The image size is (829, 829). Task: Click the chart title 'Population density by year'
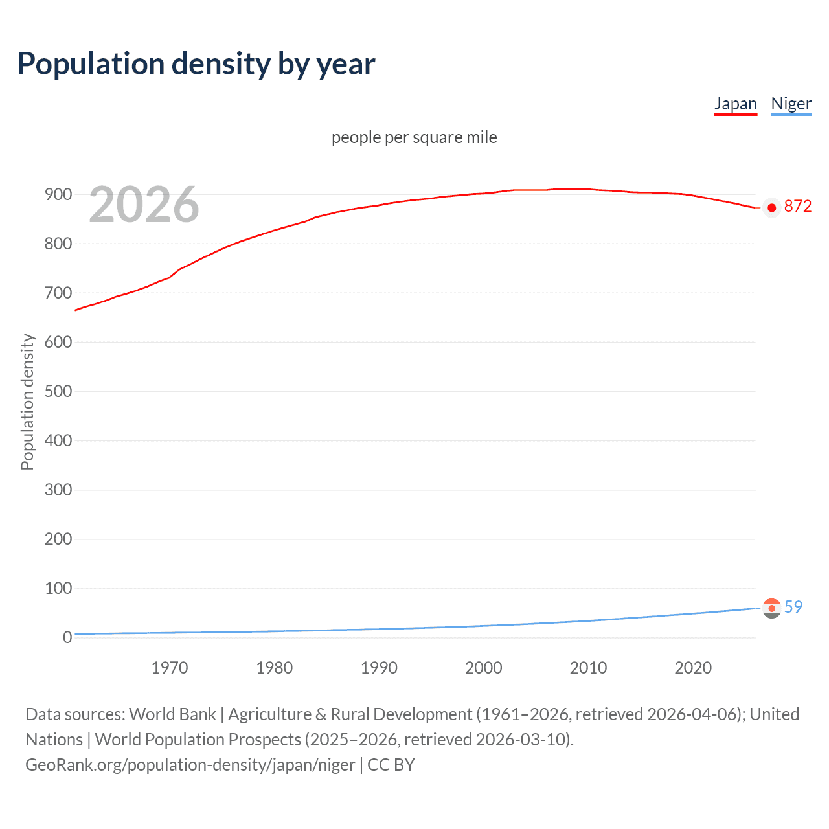(196, 64)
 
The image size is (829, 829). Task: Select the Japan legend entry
(735, 104)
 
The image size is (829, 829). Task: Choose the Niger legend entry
(791, 104)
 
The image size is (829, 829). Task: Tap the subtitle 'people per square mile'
(414, 137)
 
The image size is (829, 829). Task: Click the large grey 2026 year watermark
(144, 205)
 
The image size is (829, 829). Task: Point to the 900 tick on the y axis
(58, 194)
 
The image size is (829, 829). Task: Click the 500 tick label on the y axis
(58, 391)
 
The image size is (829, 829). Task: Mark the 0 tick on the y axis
(67, 637)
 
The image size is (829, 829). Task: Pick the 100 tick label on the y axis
(58, 588)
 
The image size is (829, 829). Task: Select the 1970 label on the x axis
(169, 668)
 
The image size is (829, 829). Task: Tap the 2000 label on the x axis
(483, 668)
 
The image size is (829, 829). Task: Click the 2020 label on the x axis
(693, 668)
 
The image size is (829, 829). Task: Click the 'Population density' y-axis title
(27, 402)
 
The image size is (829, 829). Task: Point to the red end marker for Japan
(771, 208)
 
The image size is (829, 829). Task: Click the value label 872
(797, 206)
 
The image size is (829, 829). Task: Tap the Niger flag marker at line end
(771, 608)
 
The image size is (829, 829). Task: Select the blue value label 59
(793, 607)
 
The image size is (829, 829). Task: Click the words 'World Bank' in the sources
(172, 714)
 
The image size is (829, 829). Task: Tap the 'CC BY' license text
(391, 765)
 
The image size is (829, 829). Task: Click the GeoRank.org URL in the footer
(190, 765)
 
